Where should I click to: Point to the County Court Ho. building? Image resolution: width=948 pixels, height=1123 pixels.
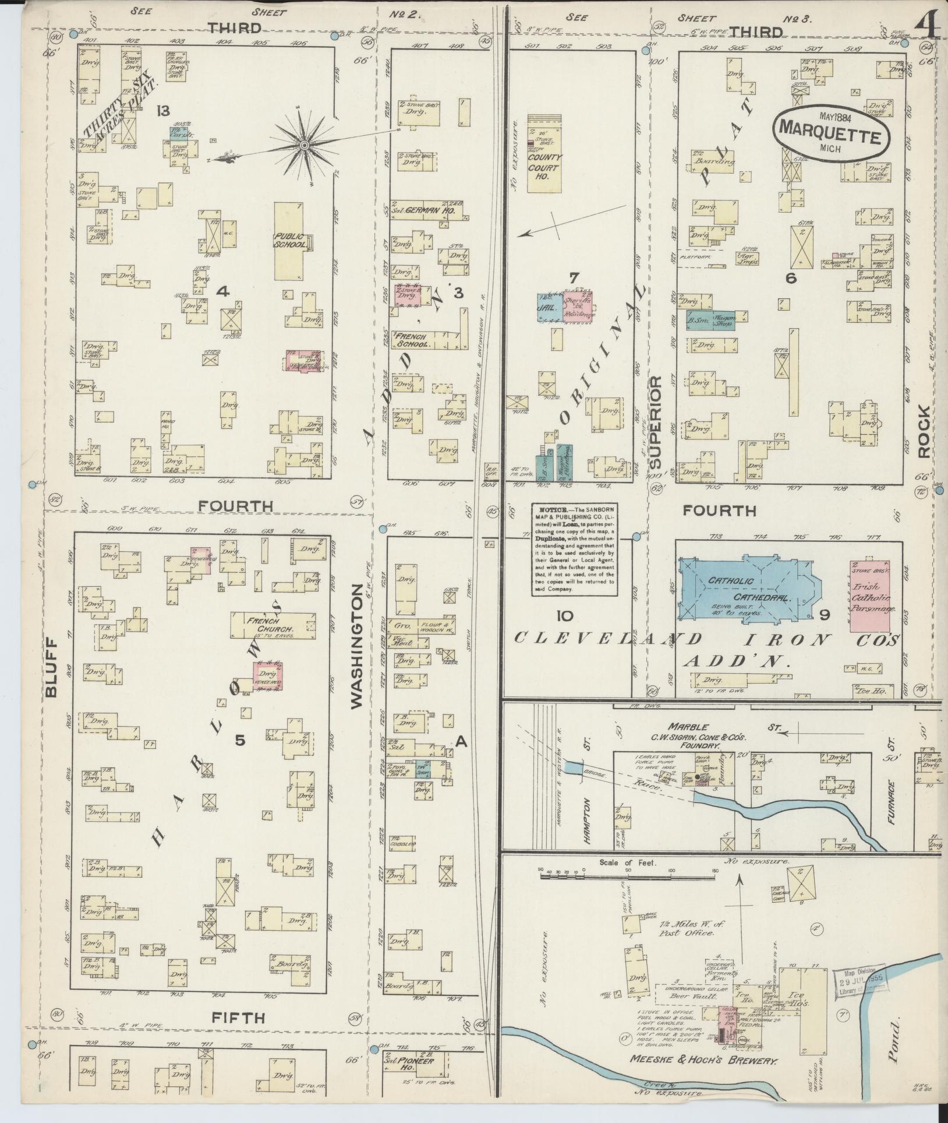544,153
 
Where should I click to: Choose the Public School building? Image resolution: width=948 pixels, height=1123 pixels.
290,241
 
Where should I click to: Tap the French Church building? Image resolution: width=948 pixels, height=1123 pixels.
273,625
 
